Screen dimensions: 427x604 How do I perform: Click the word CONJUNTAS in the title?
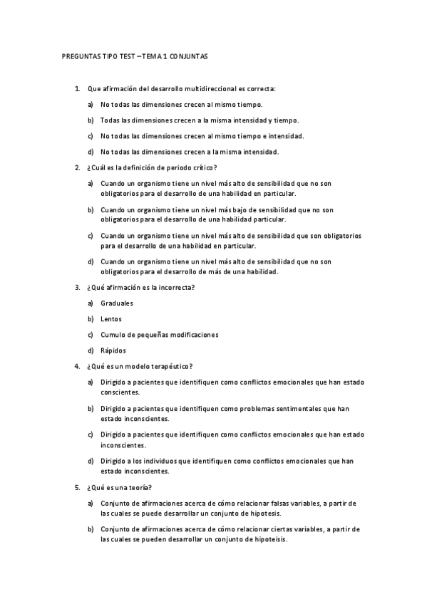[x=189, y=55]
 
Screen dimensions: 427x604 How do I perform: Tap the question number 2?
[x=77, y=167]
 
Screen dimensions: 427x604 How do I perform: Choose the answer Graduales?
[x=117, y=303]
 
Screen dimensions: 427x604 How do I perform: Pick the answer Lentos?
[x=111, y=319]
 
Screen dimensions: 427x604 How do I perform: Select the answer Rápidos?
[x=114, y=350]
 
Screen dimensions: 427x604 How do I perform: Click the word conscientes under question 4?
[x=120, y=392]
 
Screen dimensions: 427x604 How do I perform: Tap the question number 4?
[x=77, y=366]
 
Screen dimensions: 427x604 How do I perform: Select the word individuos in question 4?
[x=167, y=461]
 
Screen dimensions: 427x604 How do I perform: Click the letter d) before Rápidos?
[x=91, y=350]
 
